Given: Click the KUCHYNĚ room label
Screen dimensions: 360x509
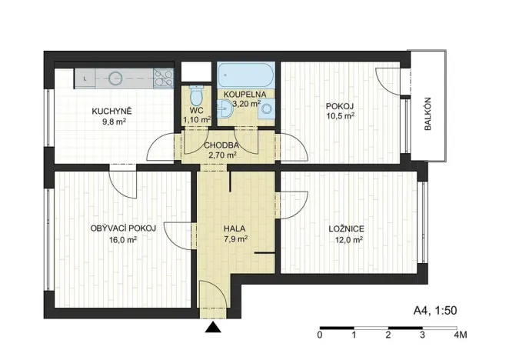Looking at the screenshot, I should [x=111, y=111].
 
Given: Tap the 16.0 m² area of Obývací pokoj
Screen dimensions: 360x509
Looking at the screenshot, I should [x=123, y=239].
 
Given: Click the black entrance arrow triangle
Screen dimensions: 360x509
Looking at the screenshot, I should [x=213, y=328].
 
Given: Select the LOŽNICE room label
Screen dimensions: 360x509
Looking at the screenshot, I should [x=346, y=228].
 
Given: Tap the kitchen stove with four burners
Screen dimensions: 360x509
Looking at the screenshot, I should [x=163, y=78].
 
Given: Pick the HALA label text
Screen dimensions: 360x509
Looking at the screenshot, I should [x=235, y=228].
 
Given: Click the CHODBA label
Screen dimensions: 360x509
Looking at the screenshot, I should [x=221, y=145].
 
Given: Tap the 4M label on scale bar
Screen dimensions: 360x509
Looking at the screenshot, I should [x=461, y=335].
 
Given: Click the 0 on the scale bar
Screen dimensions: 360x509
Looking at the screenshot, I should [x=319, y=335].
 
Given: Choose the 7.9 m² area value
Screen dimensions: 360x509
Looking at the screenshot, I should [x=235, y=239].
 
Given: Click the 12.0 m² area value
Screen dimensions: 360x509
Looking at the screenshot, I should [x=347, y=239].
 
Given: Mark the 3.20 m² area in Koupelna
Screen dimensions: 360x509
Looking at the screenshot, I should [x=247, y=102].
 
